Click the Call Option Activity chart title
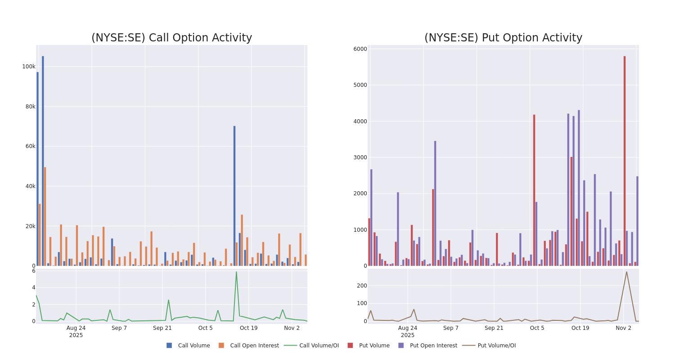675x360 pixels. coord(171,38)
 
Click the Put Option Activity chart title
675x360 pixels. coord(503,38)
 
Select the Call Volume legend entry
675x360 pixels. coord(188,346)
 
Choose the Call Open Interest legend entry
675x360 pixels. coord(249,346)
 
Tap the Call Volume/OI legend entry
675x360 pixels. coord(311,346)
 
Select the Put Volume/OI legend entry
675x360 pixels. coord(489,346)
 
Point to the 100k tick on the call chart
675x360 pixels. coord(29,67)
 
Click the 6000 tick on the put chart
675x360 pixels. coord(360,49)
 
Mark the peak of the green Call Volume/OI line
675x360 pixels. coord(236,272)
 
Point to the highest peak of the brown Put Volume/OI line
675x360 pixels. coord(626,272)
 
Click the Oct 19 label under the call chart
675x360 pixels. coord(248,328)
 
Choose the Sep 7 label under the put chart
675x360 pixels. coord(450,328)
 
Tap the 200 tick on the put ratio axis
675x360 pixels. coord(362,285)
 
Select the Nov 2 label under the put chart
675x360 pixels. coord(623,328)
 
